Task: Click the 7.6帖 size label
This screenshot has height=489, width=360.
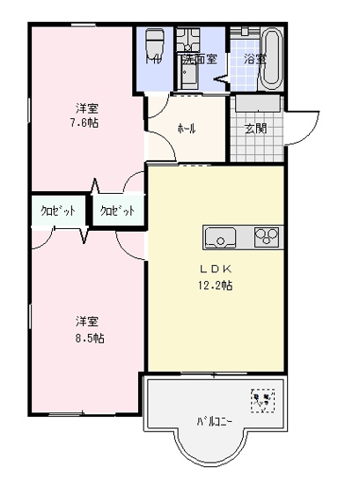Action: (x=86, y=122)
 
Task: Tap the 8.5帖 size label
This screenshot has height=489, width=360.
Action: (x=86, y=337)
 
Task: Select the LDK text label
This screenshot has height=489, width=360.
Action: (x=216, y=270)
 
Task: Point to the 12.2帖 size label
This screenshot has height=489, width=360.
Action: (x=216, y=285)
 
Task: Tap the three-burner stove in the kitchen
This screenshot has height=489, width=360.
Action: (x=267, y=236)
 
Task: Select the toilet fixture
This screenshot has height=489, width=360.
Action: (x=157, y=45)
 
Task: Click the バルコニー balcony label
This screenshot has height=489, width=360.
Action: (x=214, y=421)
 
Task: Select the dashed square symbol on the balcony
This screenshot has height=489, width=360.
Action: (x=262, y=401)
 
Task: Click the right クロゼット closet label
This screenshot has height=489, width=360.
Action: (x=117, y=211)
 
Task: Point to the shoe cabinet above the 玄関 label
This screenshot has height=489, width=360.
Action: (x=256, y=103)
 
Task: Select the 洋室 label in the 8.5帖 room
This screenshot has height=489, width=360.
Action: (x=86, y=322)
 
